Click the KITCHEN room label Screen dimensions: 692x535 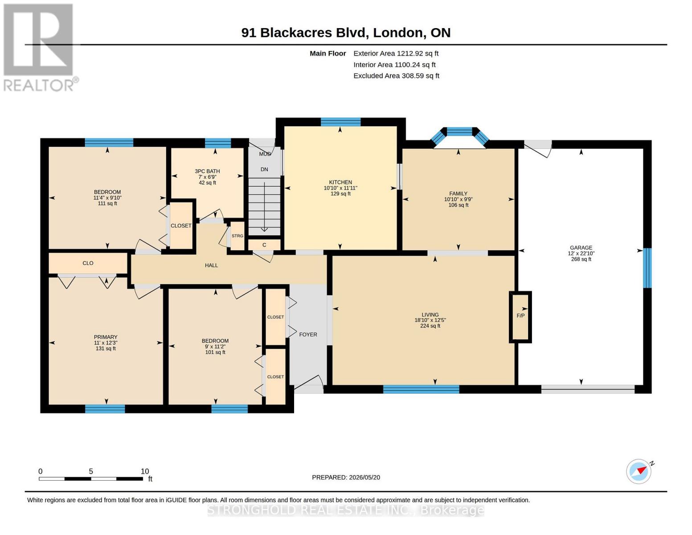pyautogui.click(x=340, y=182)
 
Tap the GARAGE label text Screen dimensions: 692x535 pyautogui.click(x=581, y=247)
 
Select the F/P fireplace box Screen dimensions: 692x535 pyautogui.click(x=520, y=317)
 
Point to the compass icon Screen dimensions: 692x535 pyautogui.click(x=639, y=472)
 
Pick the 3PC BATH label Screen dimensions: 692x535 pyautogui.click(x=207, y=171)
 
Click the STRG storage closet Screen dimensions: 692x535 pyautogui.click(x=237, y=236)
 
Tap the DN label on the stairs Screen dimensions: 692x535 pyautogui.click(x=264, y=169)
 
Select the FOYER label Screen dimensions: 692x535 pyautogui.click(x=308, y=334)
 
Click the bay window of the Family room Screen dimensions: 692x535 pyautogui.click(x=459, y=136)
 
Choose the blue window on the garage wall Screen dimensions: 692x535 pyautogui.click(x=647, y=268)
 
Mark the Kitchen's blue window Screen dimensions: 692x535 pyautogui.click(x=340, y=122)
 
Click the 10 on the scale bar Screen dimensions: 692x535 pyautogui.click(x=144, y=471)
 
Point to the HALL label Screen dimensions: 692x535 pyautogui.click(x=211, y=265)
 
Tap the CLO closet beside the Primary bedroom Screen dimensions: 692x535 pyautogui.click(x=88, y=263)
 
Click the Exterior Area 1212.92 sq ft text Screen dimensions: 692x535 pyautogui.click(x=396, y=53)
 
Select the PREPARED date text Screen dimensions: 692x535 pyautogui.click(x=346, y=477)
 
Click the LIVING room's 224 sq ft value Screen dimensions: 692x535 pyautogui.click(x=430, y=325)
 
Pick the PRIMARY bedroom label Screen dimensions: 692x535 pyautogui.click(x=106, y=337)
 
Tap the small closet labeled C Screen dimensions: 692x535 pyautogui.click(x=264, y=245)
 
